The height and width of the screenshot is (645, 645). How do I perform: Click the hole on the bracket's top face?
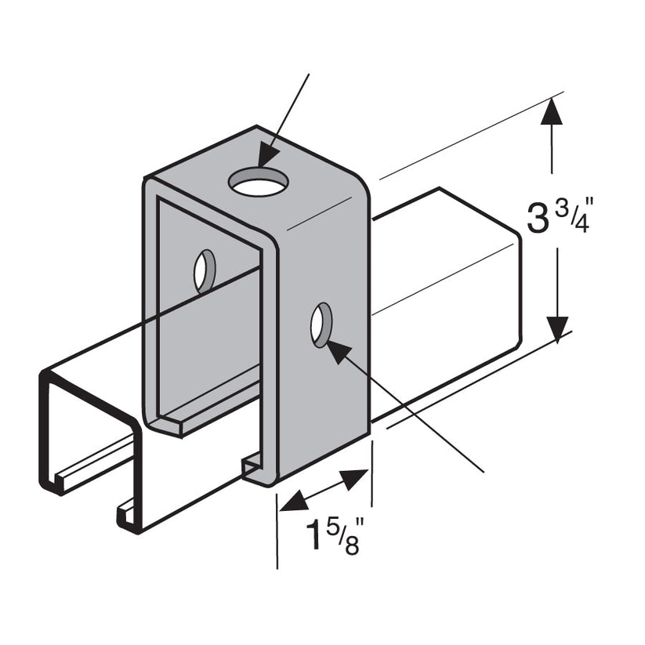(x=259, y=183)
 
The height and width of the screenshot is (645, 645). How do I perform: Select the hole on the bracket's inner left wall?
(x=205, y=271)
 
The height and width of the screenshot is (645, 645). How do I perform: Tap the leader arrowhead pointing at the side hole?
(x=335, y=350)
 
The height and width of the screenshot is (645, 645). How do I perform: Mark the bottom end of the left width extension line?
(x=277, y=566)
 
